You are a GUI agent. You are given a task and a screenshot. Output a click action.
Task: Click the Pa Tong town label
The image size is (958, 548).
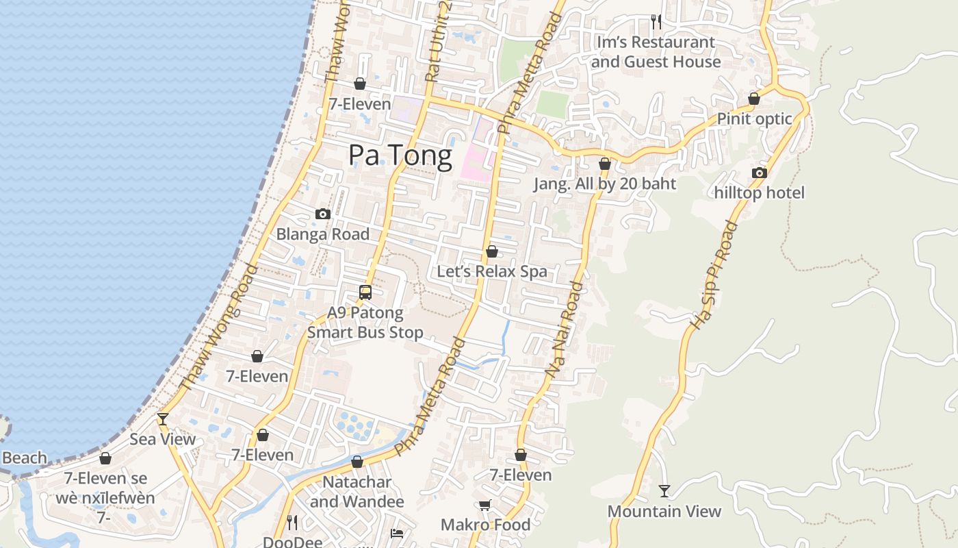400,156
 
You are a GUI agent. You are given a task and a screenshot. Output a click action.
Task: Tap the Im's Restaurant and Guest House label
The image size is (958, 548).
656,52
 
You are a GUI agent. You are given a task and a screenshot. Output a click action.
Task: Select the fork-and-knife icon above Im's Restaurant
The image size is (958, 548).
656,22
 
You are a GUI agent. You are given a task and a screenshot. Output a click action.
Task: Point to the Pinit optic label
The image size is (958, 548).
754,119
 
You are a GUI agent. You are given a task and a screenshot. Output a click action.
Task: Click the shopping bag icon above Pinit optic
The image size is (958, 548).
754,99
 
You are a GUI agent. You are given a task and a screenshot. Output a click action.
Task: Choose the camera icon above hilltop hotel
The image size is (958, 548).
759,173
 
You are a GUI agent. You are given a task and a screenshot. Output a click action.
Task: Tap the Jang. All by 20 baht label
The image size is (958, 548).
605,184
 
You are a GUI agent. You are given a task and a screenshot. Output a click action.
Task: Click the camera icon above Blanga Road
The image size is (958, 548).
323,214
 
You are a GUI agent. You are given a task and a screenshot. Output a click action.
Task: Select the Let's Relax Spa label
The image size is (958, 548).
492,271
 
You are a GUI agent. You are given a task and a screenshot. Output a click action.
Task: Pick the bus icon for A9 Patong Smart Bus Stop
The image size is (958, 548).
365,292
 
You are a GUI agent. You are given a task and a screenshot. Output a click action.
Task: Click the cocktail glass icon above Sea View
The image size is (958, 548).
163,419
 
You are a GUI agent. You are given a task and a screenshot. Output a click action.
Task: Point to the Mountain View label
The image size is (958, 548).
664,511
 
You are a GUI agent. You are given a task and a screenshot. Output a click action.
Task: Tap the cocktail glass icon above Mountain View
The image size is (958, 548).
664,490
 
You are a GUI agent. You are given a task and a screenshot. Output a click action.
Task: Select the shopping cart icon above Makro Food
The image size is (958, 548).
485,506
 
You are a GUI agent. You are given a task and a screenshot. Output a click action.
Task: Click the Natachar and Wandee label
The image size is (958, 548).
357,491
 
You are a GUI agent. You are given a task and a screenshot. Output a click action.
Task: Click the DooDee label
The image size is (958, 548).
292,542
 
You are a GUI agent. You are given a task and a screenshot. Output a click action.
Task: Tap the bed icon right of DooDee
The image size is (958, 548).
397,533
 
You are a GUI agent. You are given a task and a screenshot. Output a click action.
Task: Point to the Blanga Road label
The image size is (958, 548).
322,234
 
